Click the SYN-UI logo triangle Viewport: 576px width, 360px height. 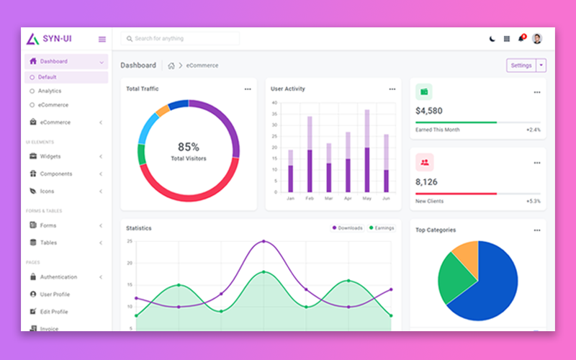pyautogui.click(x=32, y=39)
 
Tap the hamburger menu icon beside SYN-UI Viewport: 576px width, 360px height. pyautogui.click(x=102, y=39)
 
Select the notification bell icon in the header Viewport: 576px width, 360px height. pyautogui.click(x=521, y=39)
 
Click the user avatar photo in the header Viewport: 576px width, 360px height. pyautogui.click(x=537, y=39)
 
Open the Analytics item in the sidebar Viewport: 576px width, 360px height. pyautogui.click(x=50, y=91)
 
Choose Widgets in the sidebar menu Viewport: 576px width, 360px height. pyautogui.click(x=50, y=156)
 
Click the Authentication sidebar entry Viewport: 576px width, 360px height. pyautogui.click(x=58, y=277)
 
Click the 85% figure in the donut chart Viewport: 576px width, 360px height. pyautogui.click(x=189, y=147)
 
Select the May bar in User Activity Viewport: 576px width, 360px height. pyautogui.click(x=367, y=158)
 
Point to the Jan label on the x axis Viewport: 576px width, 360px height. pyautogui.click(x=290, y=198)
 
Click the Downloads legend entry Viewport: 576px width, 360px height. pyautogui.click(x=347, y=228)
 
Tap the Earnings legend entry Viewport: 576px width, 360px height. pyautogui.click(x=382, y=228)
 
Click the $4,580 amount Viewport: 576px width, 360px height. pyautogui.click(x=429, y=111)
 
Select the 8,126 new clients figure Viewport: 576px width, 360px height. pyautogui.click(x=426, y=182)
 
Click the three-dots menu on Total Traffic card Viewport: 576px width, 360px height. pyautogui.click(x=248, y=89)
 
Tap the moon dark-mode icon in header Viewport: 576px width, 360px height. pyautogui.click(x=492, y=39)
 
